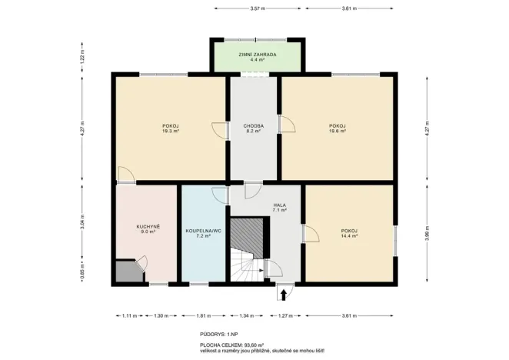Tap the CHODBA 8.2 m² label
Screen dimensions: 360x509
[x=254, y=128]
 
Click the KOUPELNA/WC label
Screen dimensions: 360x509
[x=203, y=233]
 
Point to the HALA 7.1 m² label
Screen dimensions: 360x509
[x=279, y=208]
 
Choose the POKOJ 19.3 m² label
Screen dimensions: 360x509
[x=170, y=128]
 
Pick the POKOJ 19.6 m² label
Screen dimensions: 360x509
[x=337, y=128]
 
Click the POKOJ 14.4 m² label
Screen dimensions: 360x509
[x=350, y=233]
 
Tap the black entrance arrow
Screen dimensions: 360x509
[x=283, y=293]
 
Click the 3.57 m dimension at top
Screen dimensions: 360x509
[x=257, y=8]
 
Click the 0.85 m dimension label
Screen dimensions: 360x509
[x=81, y=271]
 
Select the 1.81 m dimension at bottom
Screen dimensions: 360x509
[x=204, y=316]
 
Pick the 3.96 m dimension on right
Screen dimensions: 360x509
[x=427, y=233]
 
